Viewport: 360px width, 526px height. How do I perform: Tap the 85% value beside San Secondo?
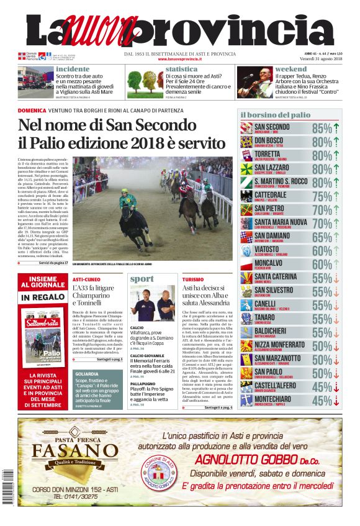point(322,129)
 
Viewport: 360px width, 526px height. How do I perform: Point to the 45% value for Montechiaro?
point(322,401)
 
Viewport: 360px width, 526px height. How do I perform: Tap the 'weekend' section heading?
point(290,69)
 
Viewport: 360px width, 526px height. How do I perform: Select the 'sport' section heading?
point(142,279)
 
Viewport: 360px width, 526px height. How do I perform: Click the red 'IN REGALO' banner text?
point(43,297)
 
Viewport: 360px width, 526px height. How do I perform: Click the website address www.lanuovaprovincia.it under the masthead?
point(180,59)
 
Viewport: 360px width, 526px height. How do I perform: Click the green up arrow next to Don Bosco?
point(336,142)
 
